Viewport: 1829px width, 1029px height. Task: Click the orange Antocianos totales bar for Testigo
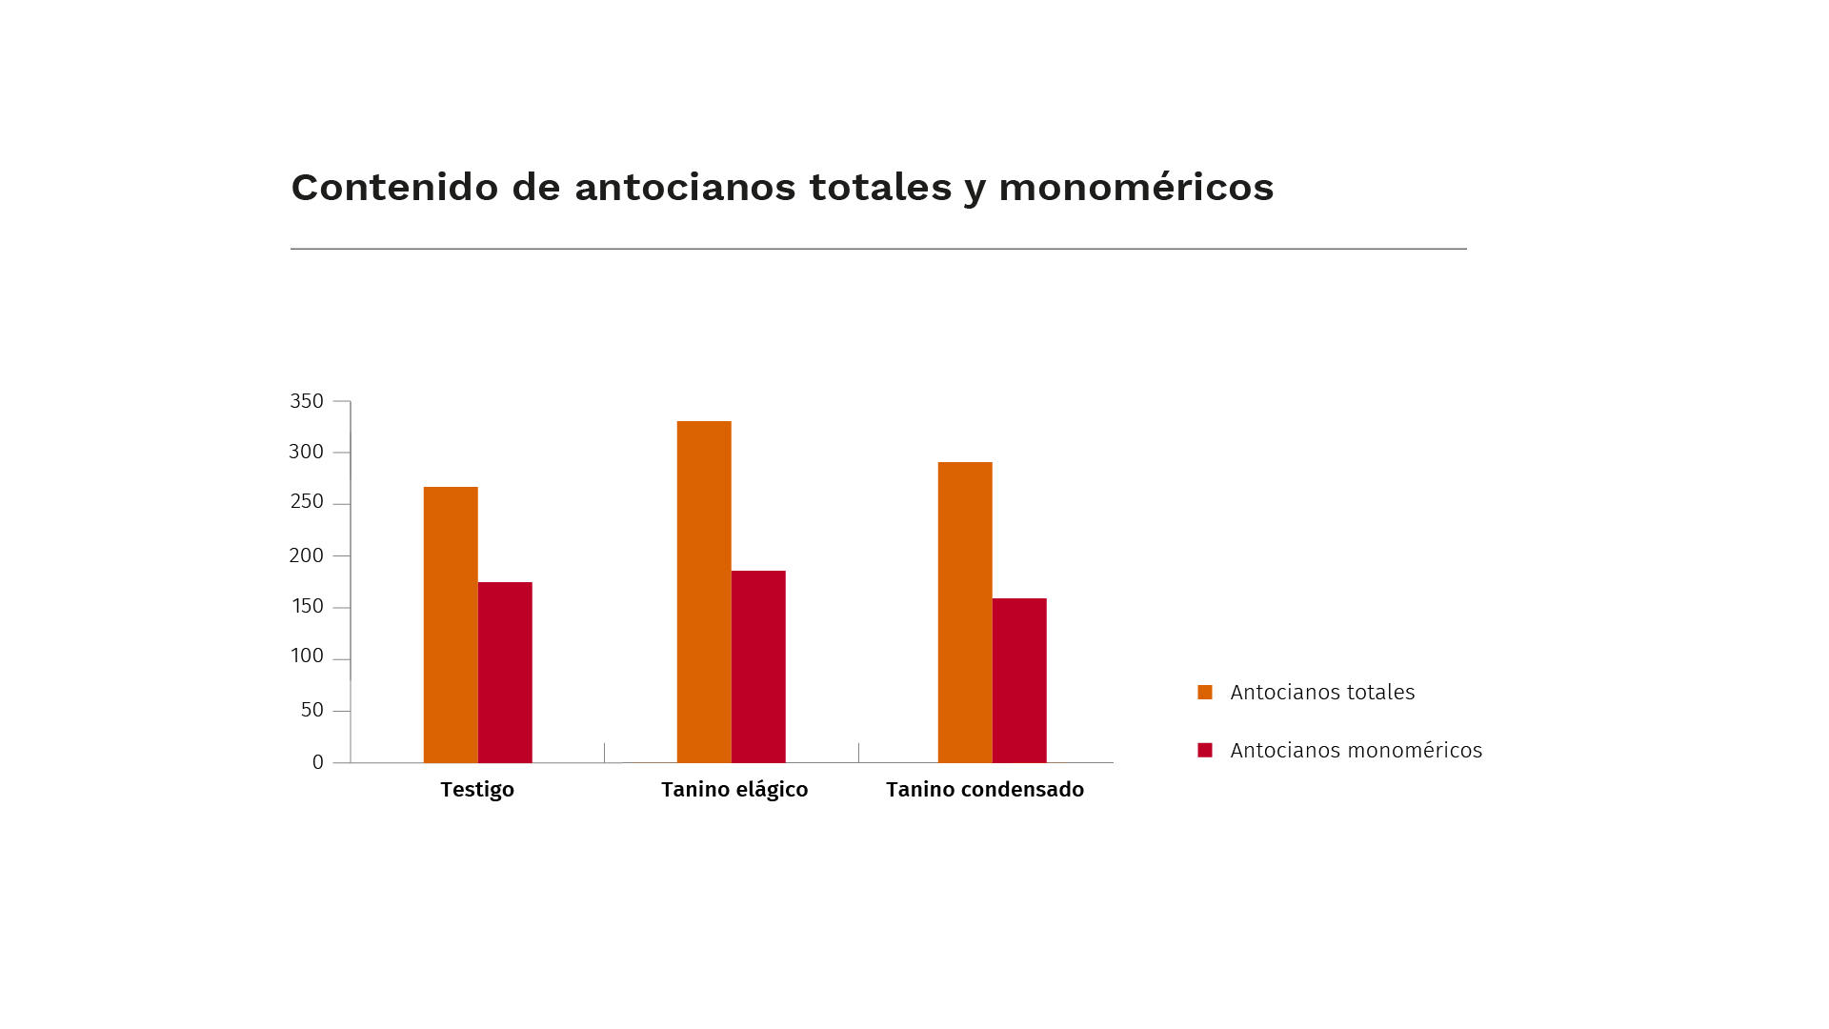point(451,624)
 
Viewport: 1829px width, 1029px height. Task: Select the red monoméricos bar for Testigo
point(505,672)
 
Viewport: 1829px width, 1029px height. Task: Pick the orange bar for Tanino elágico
point(704,591)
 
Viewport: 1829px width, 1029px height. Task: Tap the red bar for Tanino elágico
point(758,666)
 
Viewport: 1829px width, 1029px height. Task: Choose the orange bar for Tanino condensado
point(965,612)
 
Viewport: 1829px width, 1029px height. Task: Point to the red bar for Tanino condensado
point(1019,680)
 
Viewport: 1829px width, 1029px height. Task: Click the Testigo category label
point(477,790)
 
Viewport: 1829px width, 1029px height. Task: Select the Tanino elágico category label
point(734,790)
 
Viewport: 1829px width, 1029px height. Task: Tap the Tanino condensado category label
point(985,790)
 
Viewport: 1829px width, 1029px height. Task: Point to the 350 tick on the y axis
point(307,401)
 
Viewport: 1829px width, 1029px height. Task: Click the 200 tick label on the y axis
point(307,555)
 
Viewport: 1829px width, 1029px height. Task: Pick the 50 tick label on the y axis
point(312,710)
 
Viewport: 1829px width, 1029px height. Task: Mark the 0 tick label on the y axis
point(318,762)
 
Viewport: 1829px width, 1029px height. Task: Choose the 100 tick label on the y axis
point(307,656)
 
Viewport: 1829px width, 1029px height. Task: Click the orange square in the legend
point(1205,693)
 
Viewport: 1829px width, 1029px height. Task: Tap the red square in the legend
point(1205,751)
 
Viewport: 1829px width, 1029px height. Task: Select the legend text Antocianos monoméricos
point(1356,751)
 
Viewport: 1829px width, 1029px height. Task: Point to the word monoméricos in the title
point(1136,188)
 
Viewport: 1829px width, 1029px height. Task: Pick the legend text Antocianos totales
point(1322,693)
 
